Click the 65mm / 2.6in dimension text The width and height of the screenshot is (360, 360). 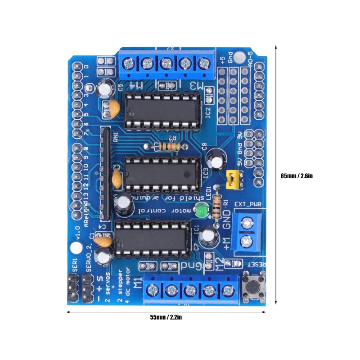[296, 176]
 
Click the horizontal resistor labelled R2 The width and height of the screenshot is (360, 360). [167, 146]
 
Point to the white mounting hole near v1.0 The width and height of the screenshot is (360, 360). [75, 248]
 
